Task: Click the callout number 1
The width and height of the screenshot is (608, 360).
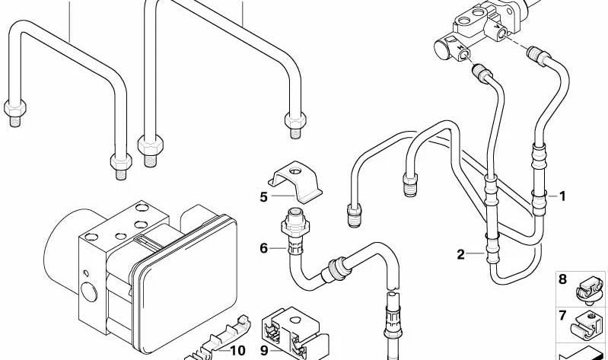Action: pos(562,196)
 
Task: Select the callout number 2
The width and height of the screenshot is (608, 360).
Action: pos(460,254)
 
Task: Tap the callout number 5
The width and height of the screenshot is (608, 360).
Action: pos(263,197)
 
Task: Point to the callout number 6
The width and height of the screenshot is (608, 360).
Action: pos(263,247)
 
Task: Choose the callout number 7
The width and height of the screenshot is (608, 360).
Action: pos(562,315)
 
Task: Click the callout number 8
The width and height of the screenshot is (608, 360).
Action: pos(562,280)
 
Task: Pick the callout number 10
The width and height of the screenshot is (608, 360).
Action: pos(237,351)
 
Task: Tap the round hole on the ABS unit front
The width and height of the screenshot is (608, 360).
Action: pos(88,293)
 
